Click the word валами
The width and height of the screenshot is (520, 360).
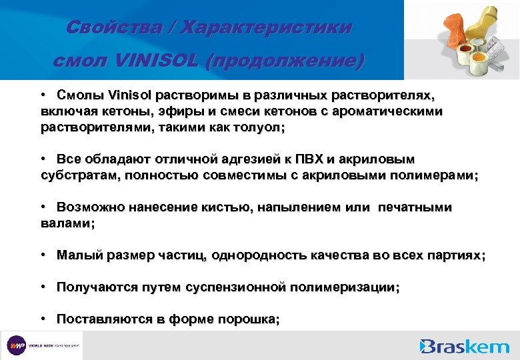[x=65, y=224]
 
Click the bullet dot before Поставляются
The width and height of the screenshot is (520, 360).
[x=42, y=319]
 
